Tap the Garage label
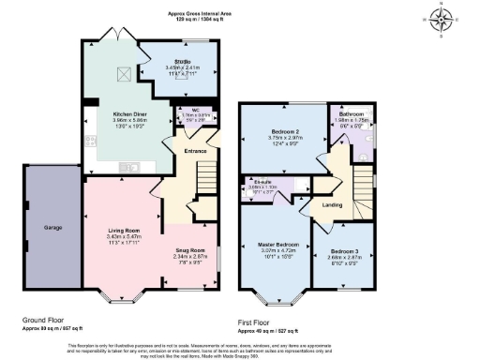click(52, 227)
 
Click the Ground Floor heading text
click(45, 321)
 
